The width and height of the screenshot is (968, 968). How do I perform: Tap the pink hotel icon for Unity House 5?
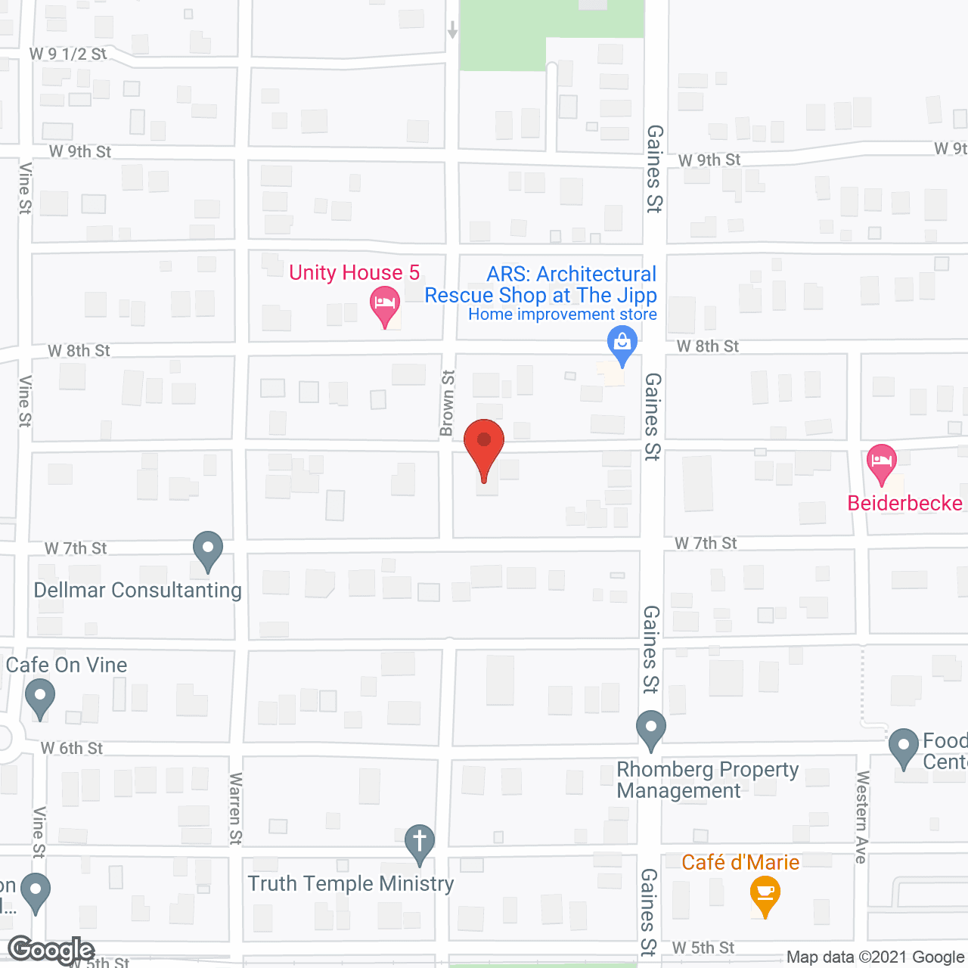tap(385, 306)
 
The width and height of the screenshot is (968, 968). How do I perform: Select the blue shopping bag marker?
tap(622, 343)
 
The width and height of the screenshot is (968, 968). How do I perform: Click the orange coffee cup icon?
tap(765, 894)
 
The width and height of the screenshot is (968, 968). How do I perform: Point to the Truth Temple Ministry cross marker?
tap(420, 842)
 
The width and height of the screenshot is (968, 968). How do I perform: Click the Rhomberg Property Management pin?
tap(650, 729)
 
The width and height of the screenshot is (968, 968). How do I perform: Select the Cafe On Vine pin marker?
tap(40, 697)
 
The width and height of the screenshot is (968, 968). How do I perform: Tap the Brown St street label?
tap(448, 403)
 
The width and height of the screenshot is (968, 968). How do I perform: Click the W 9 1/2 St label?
tap(68, 54)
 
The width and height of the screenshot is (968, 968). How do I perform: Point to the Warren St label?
tap(235, 808)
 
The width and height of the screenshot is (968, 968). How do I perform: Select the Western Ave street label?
tap(861, 817)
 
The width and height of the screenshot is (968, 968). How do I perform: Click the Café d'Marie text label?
tap(740, 862)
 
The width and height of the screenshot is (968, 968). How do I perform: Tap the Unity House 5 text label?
tap(354, 272)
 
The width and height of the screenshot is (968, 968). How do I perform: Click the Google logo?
tap(51, 950)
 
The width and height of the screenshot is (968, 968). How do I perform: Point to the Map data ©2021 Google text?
tap(875, 957)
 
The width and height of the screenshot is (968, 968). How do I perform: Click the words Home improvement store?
tap(562, 315)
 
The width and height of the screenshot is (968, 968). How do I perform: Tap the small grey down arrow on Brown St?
tap(452, 30)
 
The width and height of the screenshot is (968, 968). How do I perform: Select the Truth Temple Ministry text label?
tap(351, 883)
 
